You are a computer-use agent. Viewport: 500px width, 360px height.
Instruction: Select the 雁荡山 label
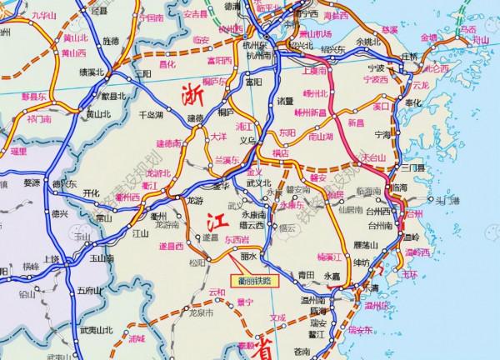coord(367,244)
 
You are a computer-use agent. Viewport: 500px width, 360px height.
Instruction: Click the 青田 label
coord(305,273)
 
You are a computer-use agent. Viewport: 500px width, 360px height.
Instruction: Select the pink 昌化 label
coord(167,63)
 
